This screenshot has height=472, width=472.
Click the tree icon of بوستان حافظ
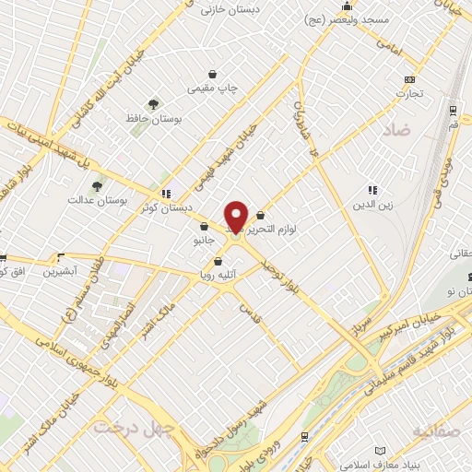[x=153, y=104]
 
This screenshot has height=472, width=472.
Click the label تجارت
[x=409, y=92]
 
